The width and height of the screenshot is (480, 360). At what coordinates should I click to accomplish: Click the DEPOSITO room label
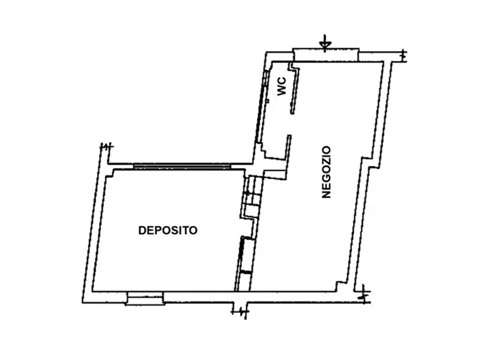click(168, 231)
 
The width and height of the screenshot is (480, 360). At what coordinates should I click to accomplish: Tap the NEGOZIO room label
click(326, 172)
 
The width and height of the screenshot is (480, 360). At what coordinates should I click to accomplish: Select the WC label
click(282, 87)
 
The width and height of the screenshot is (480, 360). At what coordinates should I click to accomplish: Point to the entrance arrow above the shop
click(324, 42)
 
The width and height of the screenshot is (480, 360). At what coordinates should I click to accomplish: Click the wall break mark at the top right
click(404, 54)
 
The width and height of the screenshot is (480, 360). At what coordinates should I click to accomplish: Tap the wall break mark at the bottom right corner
click(364, 294)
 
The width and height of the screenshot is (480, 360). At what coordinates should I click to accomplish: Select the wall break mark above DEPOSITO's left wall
click(106, 146)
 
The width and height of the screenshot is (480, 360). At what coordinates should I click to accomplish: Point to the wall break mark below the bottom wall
click(240, 310)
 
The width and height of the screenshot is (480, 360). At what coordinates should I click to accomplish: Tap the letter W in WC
click(282, 92)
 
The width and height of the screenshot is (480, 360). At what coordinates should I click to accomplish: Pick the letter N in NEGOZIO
click(326, 194)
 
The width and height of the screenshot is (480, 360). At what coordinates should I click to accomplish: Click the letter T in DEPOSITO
click(188, 231)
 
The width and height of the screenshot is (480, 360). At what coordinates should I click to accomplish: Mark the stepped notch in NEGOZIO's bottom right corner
click(343, 285)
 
